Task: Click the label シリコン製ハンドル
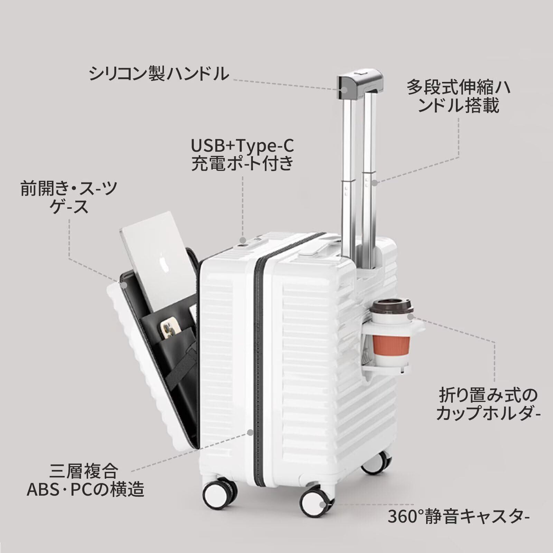(159, 74)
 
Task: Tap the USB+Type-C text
(242, 146)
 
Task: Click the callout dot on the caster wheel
(322, 505)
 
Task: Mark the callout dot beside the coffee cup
(410, 316)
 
